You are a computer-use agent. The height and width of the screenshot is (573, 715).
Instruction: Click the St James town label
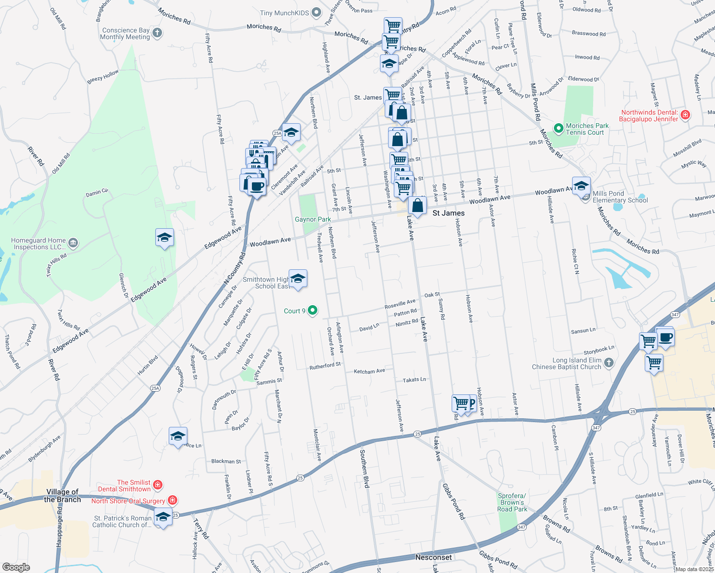tap(448, 213)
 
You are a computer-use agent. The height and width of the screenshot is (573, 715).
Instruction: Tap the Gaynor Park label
tap(313, 220)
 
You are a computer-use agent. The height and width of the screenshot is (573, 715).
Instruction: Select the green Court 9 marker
tap(313, 311)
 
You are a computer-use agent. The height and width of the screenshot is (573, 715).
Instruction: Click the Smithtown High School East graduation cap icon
tap(298, 279)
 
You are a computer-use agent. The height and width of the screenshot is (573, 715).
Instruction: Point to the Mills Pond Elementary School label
tap(620, 197)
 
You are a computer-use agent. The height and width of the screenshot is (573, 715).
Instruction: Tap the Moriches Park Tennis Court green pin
tap(558, 128)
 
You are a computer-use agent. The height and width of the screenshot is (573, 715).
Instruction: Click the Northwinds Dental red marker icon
tap(685, 115)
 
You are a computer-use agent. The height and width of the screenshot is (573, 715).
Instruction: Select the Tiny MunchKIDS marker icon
tap(316, 13)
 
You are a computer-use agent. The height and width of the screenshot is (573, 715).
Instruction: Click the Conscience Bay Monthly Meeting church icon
tap(157, 33)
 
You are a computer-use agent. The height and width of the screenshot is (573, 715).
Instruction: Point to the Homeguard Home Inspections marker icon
tap(73, 244)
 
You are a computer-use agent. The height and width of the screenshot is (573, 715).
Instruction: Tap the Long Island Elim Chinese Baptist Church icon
tap(608, 363)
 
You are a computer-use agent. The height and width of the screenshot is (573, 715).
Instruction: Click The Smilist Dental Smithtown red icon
tap(157, 485)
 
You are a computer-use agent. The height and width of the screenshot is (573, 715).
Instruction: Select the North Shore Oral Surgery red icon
tap(173, 500)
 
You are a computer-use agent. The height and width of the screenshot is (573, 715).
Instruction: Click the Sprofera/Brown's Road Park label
tap(512, 502)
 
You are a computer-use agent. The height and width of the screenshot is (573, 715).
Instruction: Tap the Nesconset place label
tap(433, 557)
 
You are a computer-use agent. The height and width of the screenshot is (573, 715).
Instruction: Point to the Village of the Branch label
tap(62, 496)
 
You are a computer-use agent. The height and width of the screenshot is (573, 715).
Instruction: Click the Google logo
tap(16, 567)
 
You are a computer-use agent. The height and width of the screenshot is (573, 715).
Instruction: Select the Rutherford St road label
tap(325, 366)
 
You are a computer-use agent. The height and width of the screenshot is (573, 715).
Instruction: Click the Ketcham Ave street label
tap(369, 371)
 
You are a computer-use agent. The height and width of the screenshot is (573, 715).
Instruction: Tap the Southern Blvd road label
tap(364, 468)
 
